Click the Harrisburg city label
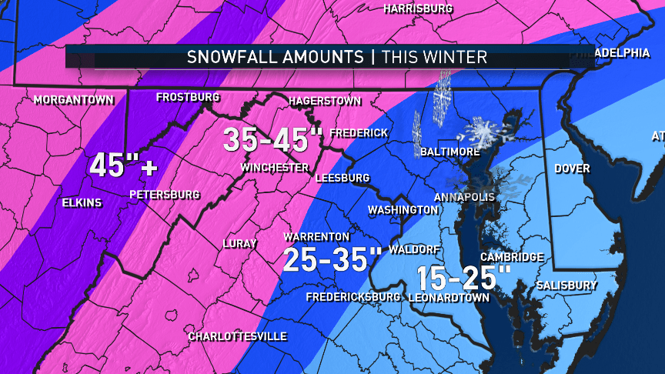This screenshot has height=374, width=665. [x=418, y=9]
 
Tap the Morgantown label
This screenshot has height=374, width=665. [x=74, y=100]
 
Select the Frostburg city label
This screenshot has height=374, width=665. [x=188, y=98]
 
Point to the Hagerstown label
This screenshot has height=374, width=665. [x=325, y=101]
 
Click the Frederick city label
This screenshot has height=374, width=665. [x=359, y=133]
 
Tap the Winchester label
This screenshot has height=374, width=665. [x=274, y=168]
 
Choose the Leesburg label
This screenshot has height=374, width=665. [x=343, y=178]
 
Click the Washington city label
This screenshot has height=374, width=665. [x=403, y=210]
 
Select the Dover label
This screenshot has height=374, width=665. [x=572, y=169]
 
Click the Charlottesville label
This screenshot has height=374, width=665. [x=238, y=336]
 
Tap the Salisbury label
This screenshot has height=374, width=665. [x=567, y=286]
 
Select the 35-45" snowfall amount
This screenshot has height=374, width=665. [x=273, y=139]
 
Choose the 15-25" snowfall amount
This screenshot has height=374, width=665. [x=464, y=276]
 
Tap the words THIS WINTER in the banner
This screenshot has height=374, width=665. [x=435, y=57]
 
